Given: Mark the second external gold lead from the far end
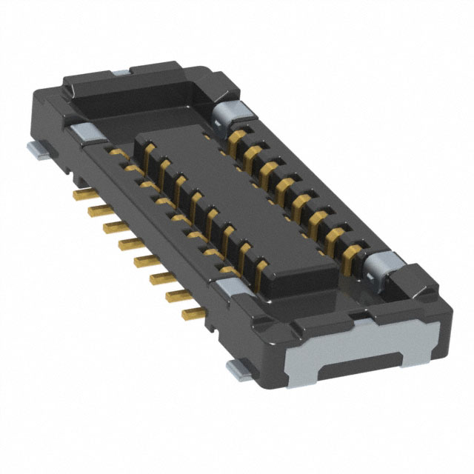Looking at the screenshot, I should tap(97, 210).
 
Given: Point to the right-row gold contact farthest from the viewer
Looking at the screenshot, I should tap(238, 137).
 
